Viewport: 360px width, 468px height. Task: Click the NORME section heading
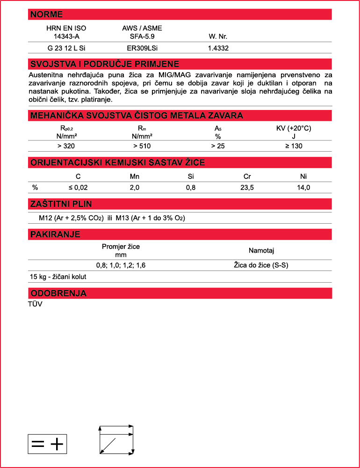[46, 15]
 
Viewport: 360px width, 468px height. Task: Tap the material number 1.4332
[218, 48]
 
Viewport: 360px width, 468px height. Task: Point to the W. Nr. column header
[218, 36]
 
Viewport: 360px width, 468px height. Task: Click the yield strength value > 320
[66, 146]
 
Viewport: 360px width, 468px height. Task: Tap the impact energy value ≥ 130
[294, 146]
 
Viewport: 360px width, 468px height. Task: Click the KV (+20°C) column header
[294, 128]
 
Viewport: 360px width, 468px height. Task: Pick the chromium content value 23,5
[248, 188]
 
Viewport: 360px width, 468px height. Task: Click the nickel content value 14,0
[303, 188]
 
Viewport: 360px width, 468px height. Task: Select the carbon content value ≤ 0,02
[78, 188]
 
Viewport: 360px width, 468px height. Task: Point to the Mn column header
[135, 176]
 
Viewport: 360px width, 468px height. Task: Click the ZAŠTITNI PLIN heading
[61, 204]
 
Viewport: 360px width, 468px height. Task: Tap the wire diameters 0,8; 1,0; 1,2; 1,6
[121, 265]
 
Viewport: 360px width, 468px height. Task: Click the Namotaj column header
[261, 250]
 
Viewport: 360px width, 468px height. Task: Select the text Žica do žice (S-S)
[261, 265]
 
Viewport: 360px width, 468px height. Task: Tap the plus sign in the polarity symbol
[57, 444]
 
